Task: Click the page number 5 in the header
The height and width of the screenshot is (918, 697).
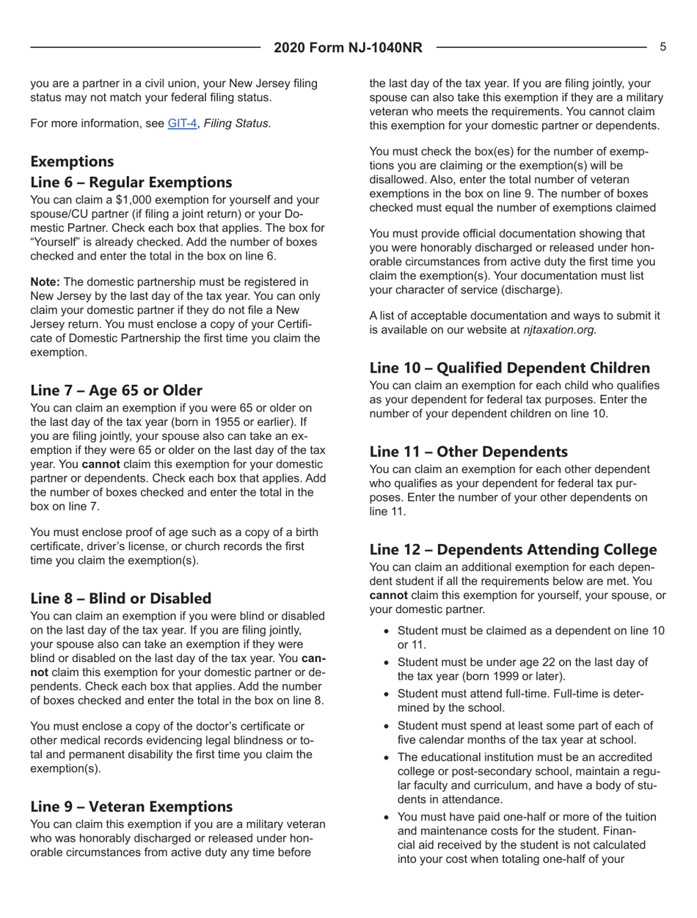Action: [x=663, y=47]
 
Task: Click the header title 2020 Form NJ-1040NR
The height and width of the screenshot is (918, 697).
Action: [x=348, y=48]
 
